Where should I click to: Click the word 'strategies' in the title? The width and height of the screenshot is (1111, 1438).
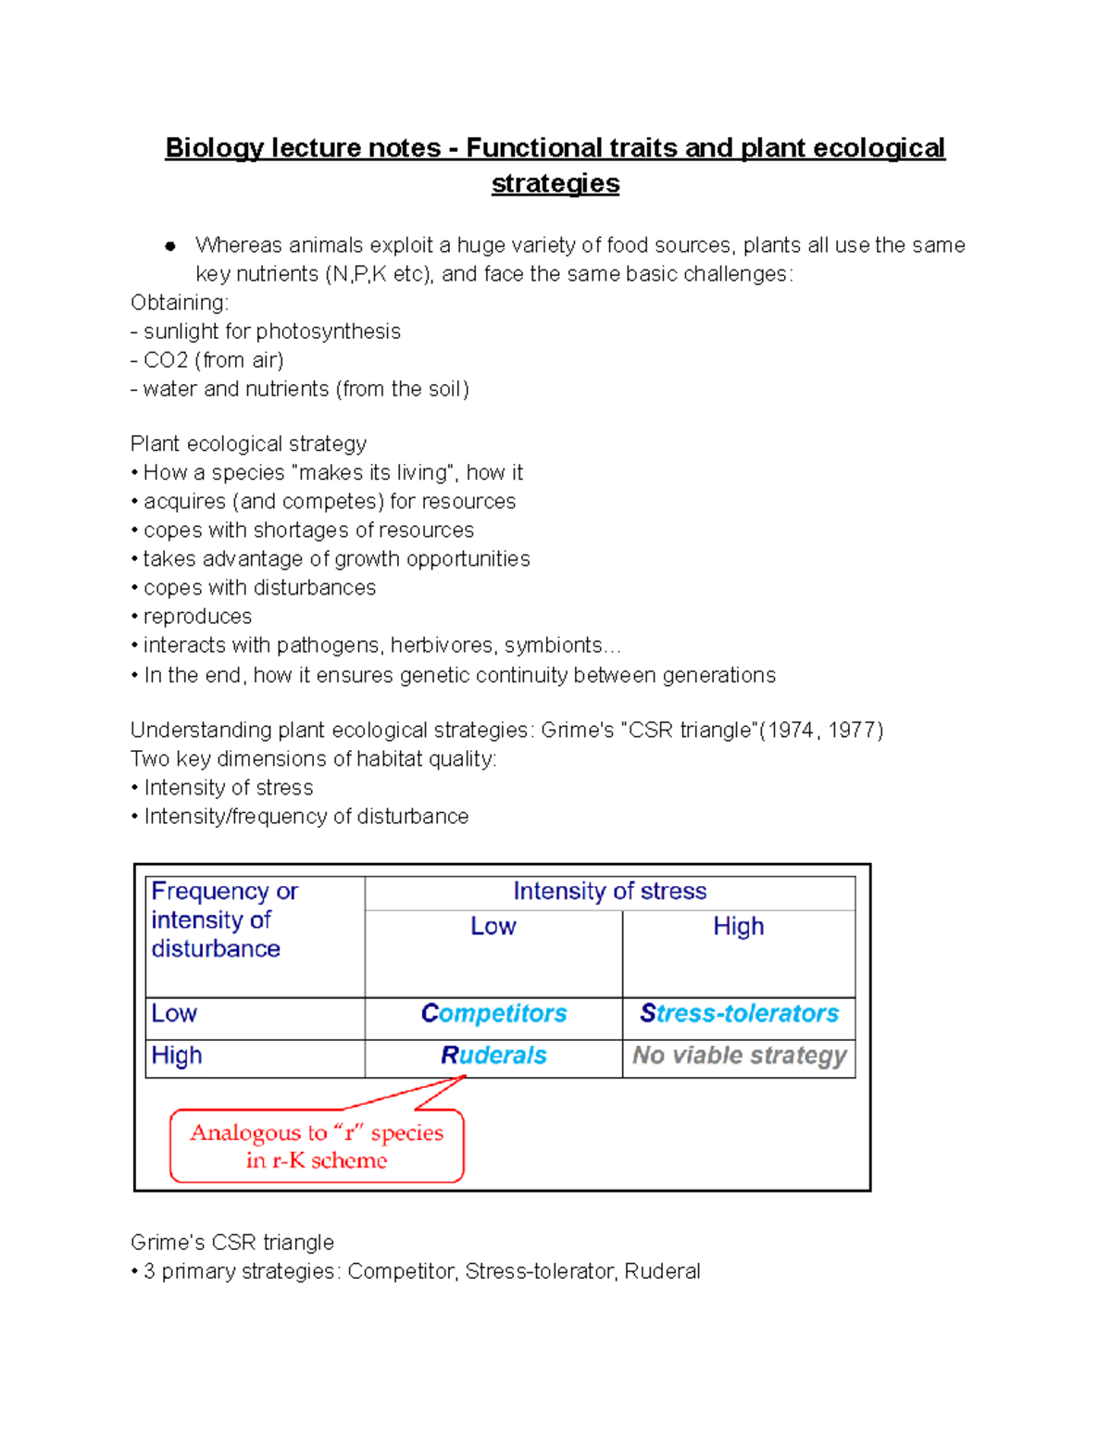point(555,183)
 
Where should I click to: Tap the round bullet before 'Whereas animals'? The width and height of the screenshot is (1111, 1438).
point(170,246)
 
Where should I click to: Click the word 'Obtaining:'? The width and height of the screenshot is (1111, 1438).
point(180,303)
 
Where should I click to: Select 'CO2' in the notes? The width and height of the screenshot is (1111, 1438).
point(166,360)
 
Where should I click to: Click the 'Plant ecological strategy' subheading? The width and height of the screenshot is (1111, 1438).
point(248,444)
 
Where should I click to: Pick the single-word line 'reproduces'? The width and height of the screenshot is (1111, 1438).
point(197,617)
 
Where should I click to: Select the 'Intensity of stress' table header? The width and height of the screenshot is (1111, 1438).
point(609,892)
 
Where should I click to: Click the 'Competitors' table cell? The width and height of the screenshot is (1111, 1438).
point(493,1014)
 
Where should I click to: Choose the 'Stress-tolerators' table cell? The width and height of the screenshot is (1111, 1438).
point(739,1014)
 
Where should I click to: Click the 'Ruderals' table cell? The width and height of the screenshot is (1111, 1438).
point(493,1056)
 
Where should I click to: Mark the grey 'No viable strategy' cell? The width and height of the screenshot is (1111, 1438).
point(739,1056)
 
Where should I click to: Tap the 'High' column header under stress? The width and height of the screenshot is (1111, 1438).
point(738,927)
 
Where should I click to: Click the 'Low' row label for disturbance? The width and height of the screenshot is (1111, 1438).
point(174,1014)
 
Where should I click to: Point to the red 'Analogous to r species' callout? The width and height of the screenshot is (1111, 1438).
point(317,1146)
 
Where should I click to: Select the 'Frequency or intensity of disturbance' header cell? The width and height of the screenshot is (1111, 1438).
point(224,920)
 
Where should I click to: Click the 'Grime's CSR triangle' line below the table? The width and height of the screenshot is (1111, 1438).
point(232,1243)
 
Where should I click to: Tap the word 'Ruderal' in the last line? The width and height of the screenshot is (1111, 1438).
point(662,1271)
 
